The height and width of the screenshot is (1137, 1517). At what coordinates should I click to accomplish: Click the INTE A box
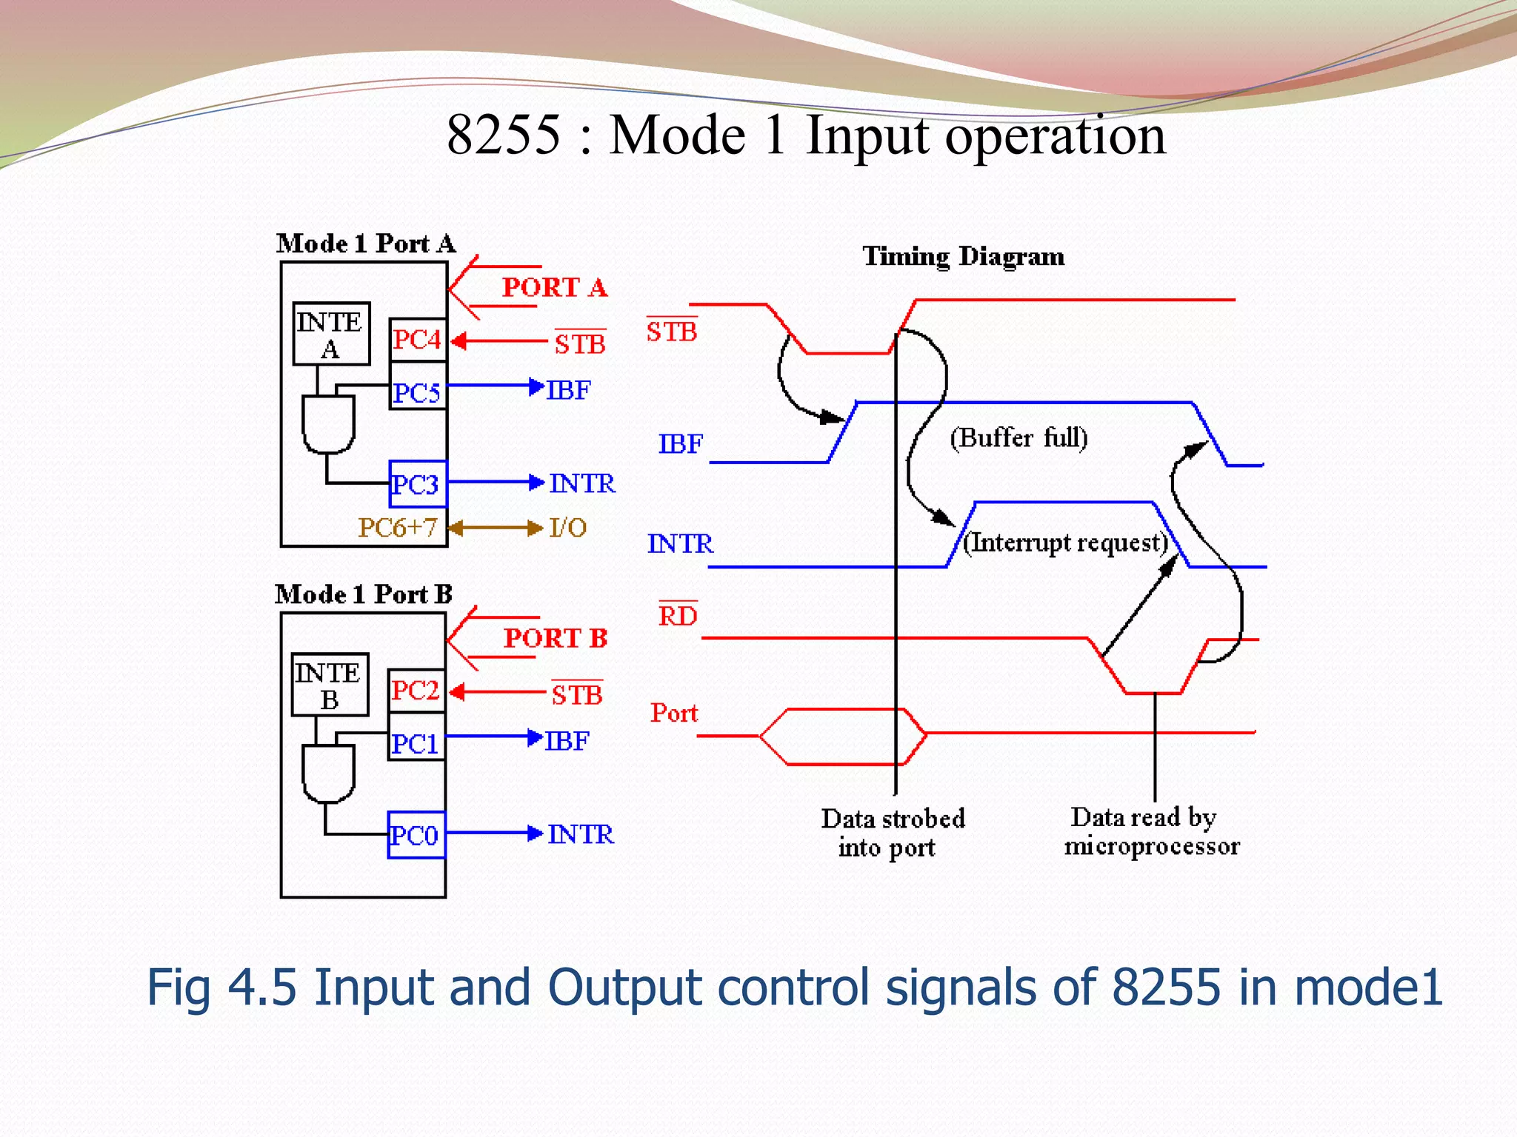[331, 334]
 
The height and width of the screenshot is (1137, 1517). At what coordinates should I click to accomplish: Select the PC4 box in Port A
[417, 340]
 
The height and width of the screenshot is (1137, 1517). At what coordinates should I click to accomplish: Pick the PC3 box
[417, 484]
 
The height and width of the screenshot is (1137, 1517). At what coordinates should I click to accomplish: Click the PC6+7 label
[397, 527]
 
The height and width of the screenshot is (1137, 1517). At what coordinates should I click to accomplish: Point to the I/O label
[568, 527]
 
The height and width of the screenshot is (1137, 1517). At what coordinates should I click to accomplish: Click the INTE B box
[330, 685]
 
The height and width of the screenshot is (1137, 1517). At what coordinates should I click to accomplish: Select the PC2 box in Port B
[416, 691]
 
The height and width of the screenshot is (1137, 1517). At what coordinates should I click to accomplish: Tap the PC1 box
[416, 742]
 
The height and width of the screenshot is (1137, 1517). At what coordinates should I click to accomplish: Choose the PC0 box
[416, 835]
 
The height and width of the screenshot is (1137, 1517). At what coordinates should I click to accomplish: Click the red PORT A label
[554, 287]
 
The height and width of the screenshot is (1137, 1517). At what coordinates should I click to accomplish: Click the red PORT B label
[556, 638]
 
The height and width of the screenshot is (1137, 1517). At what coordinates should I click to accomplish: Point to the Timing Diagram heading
[963, 256]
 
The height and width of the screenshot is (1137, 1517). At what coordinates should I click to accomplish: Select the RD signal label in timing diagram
[678, 616]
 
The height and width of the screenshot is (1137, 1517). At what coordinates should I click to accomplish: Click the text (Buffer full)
[1018, 437]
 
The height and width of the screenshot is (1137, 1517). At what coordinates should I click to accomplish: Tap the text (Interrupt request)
[1065, 543]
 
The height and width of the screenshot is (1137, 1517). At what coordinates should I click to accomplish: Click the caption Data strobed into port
[892, 833]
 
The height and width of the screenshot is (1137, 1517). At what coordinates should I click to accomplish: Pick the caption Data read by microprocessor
[1151, 831]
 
